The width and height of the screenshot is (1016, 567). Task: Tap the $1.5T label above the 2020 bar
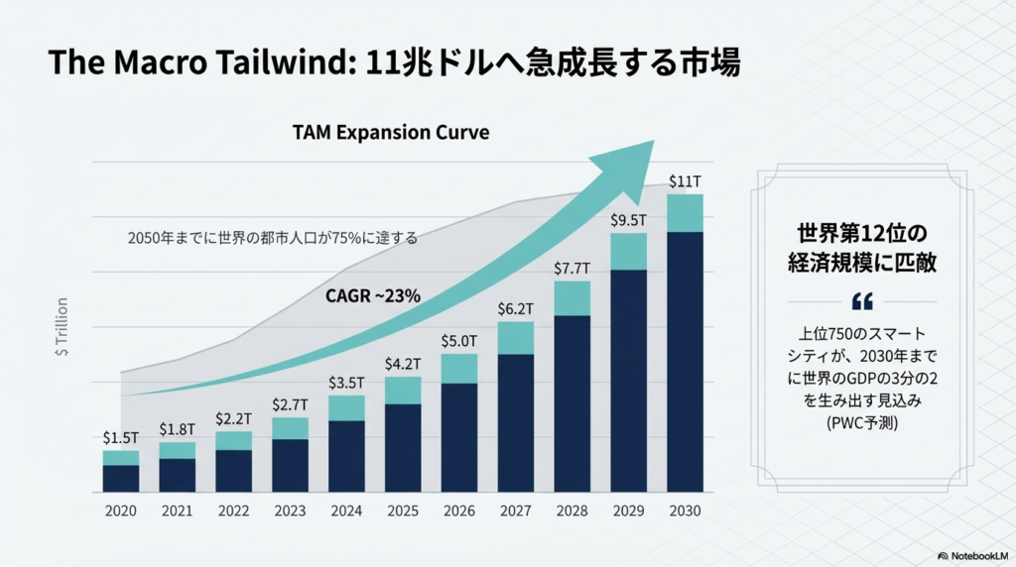click(120, 437)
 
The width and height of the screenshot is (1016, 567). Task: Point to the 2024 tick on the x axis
click(346, 510)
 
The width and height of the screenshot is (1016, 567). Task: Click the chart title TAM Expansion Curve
click(390, 132)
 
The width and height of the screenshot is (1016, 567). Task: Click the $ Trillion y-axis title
click(63, 326)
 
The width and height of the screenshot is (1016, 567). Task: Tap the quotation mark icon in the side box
click(862, 301)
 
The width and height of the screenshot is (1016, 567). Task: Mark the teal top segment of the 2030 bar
click(685, 213)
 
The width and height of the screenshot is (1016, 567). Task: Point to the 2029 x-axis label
click(628, 510)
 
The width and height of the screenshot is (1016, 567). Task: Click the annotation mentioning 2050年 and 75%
click(273, 238)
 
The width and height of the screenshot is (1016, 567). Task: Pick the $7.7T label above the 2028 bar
click(571, 269)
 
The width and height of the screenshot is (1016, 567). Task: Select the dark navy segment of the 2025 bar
click(403, 448)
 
